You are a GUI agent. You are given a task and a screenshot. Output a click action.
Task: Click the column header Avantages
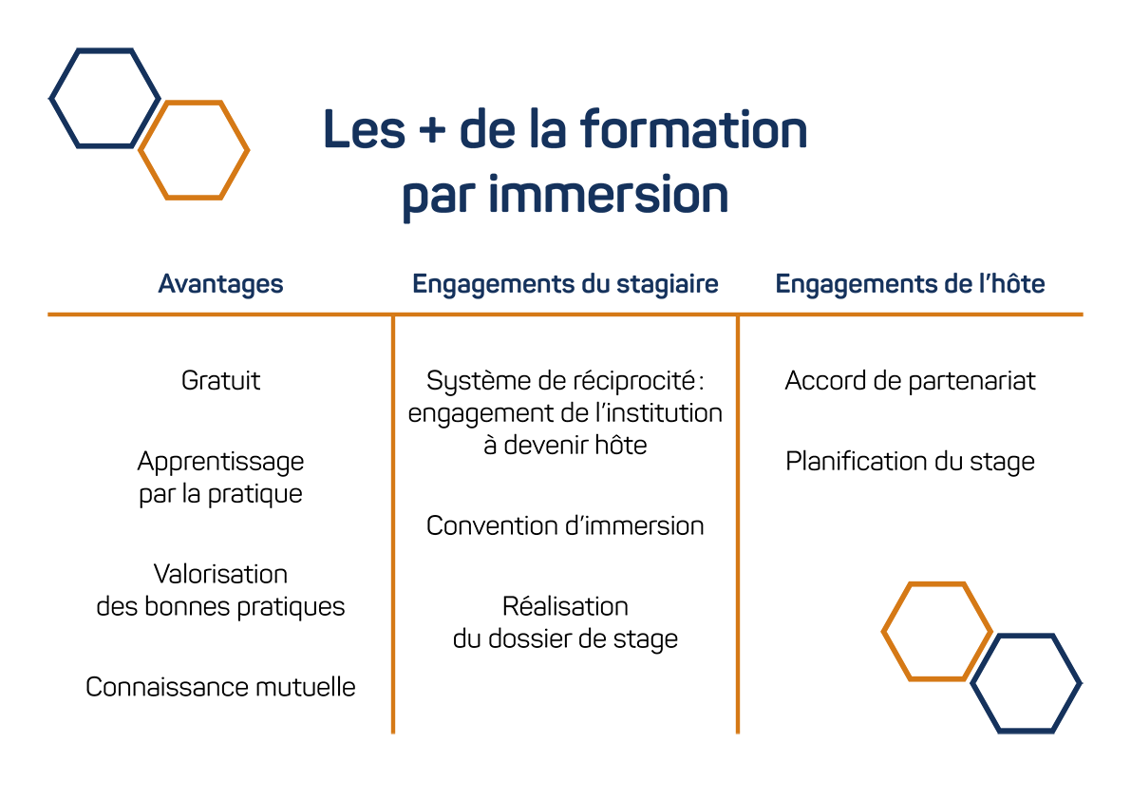click(x=220, y=284)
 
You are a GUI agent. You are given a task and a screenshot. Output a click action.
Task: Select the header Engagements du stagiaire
click(x=566, y=284)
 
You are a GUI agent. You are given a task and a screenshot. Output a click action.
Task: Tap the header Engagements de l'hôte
click(x=911, y=284)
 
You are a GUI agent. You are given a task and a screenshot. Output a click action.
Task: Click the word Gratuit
click(x=220, y=380)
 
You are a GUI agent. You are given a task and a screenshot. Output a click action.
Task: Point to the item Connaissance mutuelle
click(x=220, y=687)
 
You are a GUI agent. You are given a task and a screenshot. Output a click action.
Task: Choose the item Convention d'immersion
click(x=566, y=525)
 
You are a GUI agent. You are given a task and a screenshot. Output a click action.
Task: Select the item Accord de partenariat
click(x=911, y=381)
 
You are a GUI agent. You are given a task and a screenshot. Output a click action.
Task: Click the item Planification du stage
click(x=911, y=462)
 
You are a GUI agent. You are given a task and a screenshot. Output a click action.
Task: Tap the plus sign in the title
click(x=432, y=130)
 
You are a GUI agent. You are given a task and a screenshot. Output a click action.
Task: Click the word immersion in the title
click(x=608, y=195)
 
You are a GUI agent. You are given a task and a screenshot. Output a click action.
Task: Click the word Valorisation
click(x=220, y=574)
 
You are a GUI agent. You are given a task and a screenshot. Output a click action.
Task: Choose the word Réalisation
click(x=566, y=606)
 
